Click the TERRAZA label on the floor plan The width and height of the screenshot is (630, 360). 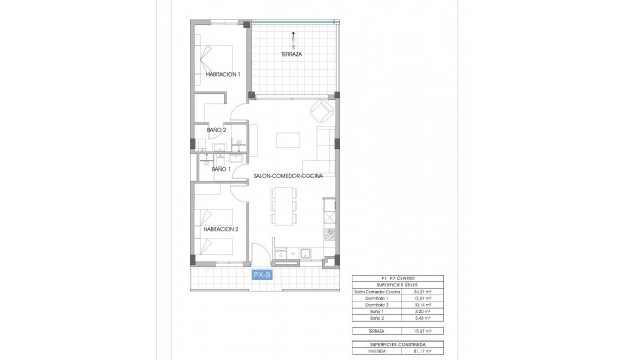(x=293, y=53)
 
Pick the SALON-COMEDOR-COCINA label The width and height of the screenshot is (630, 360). (x=288, y=175)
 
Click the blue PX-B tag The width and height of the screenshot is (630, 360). (x=262, y=273)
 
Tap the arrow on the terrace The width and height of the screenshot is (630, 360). (x=293, y=37)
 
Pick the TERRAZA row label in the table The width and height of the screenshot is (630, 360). (x=367, y=329)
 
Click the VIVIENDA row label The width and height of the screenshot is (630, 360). (x=367, y=351)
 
